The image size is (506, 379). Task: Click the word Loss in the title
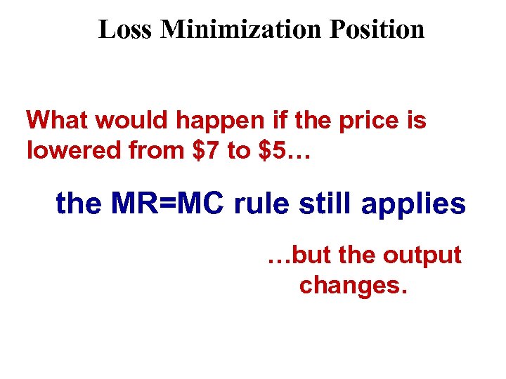point(126,29)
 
